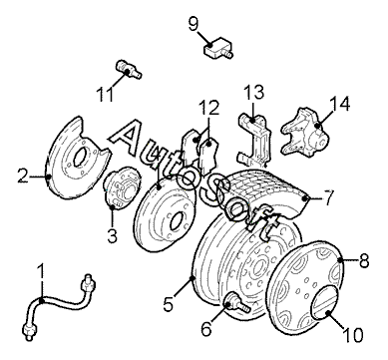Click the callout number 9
pos(194,24)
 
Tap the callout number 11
pos(105,94)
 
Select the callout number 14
pos(339,104)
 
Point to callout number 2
pos(23,176)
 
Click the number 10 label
pos(353,335)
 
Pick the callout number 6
pos(206,328)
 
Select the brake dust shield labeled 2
pos(78,158)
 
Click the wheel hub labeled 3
pos(122,187)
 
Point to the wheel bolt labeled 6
pos(236,302)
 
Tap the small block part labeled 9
pos(218,48)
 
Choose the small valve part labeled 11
pos(130,68)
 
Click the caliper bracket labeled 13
pos(255,141)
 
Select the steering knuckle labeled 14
pos(305,132)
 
